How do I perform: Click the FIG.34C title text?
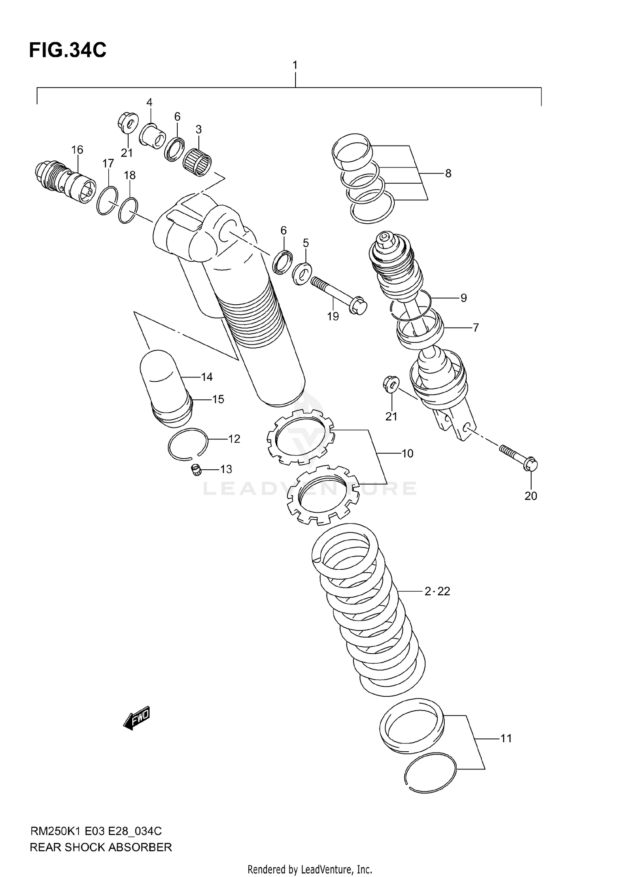67,50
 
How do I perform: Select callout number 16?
77,150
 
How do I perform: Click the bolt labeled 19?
337,294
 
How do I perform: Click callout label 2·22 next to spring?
437,592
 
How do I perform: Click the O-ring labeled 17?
107,201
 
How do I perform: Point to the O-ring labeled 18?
128,210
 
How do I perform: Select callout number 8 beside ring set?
448,173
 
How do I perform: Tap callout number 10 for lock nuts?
408,454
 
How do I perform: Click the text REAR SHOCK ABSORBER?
100,847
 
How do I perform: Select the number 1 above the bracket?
295,65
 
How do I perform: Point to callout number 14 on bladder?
207,377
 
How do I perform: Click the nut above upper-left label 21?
127,122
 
